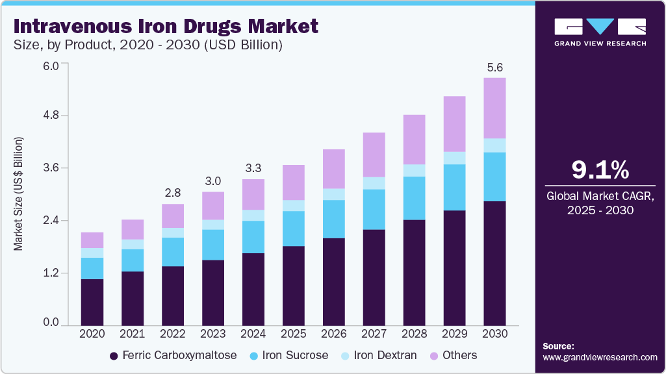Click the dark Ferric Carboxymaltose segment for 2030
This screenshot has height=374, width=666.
(494, 263)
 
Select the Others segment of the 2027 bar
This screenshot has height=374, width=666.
(374, 155)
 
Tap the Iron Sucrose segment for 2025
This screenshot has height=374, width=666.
(293, 229)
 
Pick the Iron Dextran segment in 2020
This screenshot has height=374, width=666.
(92, 253)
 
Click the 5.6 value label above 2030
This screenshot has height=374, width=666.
(494, 67)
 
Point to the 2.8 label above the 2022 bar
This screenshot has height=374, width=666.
(173, 193)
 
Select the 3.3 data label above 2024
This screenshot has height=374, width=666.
(253, 168)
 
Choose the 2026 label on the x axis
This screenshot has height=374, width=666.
(333, 333)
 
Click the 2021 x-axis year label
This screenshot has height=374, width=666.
(133, 333)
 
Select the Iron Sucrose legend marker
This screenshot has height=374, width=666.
(254, 356)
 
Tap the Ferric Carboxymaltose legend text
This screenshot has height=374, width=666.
(180, 356)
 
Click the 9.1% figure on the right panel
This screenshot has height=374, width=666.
(600, 170)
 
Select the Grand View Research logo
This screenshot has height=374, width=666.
(600, 32)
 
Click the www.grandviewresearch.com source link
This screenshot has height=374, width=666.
(600, 357)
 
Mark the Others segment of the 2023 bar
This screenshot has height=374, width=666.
(213, 205)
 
